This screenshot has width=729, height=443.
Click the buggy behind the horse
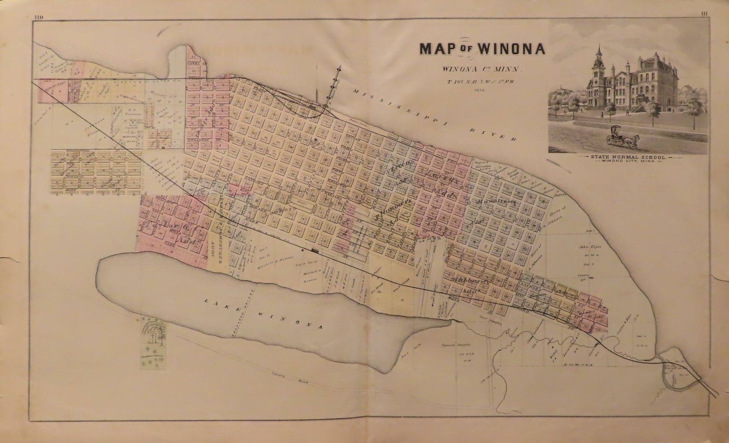tap(614, 135)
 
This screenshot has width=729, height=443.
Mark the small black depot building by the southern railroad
tap(314, 250)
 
